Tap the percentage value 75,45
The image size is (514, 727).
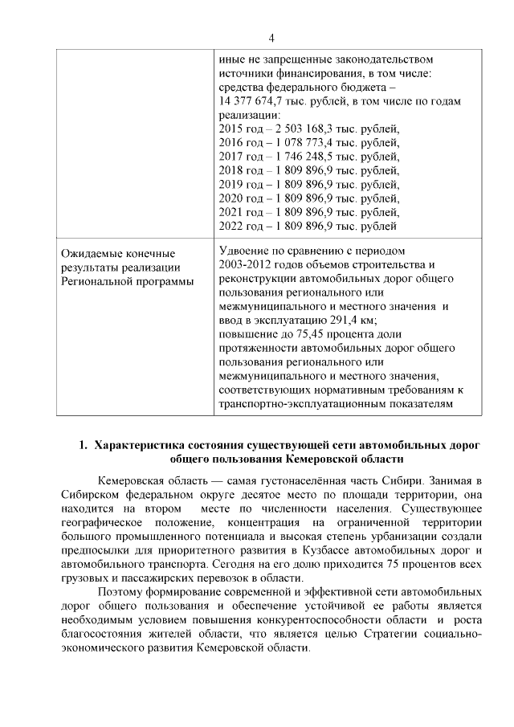click(x=310, y=334)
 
